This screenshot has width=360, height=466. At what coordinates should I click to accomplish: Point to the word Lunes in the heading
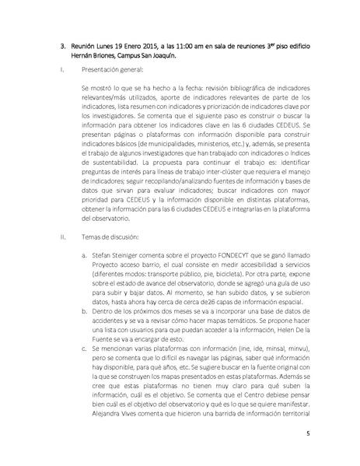click(x=93, y=46)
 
